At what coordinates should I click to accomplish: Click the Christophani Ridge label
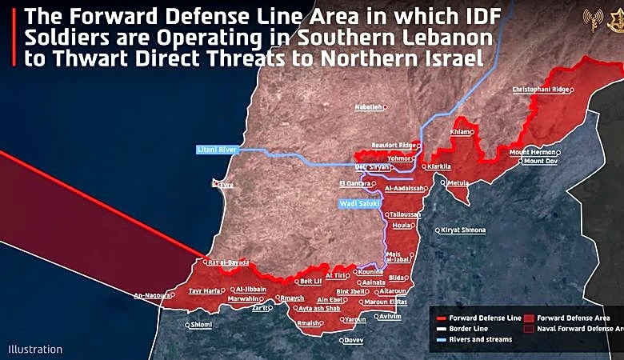pos(541,90)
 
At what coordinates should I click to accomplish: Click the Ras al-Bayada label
pos(229,262)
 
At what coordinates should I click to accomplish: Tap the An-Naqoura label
pos(152,295)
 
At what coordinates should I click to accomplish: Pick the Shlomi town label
pos(200,324)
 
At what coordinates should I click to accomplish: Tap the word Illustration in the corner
pos(35,350)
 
